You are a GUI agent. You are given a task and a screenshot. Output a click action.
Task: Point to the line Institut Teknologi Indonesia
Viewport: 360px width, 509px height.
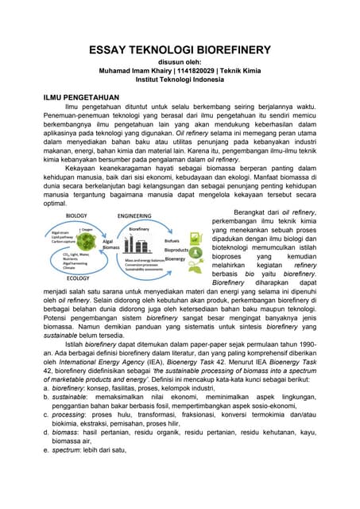click(180, 80)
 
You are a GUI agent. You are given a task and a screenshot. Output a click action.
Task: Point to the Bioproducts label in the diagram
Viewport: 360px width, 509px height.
click(176, 250)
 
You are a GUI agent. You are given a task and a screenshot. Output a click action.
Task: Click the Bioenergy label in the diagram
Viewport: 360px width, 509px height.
click(175, 259)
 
